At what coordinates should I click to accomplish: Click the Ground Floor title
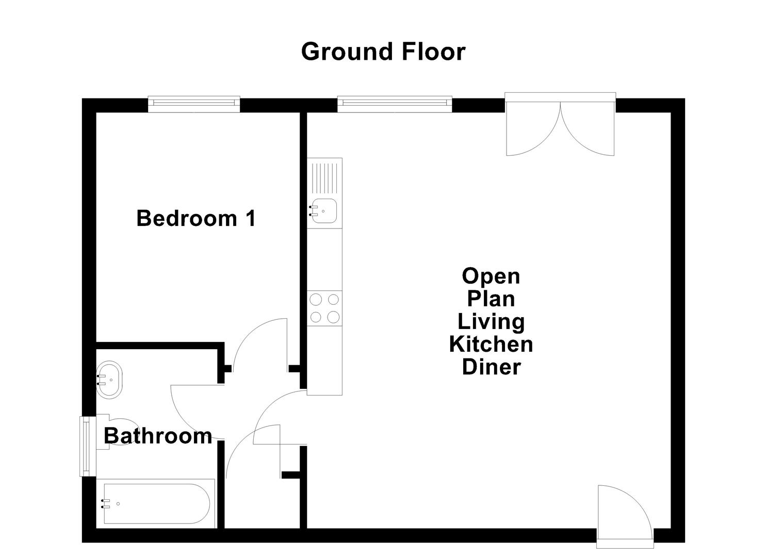pyautogui.click(x=383, y=52)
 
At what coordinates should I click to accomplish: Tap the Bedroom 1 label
pyautogui.click(x=196, y=218)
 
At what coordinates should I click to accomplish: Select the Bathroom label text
pyautogui.click(x=158, y=436)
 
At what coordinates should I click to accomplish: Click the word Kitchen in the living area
pyautogui.click(x=491, y=344)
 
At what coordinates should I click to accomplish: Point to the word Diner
pyautogui.click(x=491, y=367)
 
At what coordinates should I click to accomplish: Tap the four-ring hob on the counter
pyautogui.click(x=324, y=308)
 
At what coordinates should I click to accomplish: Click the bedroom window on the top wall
pyautogui.click(x=194, y=104)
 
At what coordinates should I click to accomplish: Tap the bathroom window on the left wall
pyautogui.click(x=85, y=446)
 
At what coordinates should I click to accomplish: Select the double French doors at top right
pyautogui.click(x=560, y=124)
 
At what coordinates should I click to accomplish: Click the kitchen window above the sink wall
pyautogui.click(x=395, y=104)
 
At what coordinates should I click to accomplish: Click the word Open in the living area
pyautogui.click(x=491, y=276)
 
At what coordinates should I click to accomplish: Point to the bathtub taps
pyautogui.click(x=106, y=504)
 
